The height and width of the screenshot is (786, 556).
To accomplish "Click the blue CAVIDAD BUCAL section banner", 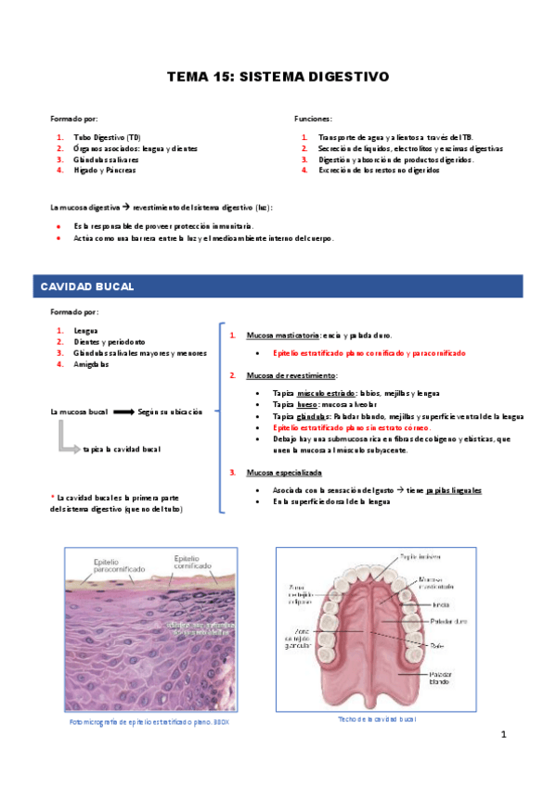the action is pos(88,287).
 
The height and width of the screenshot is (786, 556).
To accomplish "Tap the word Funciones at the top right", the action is pos(313,120).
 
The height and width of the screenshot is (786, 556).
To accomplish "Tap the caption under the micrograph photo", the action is pos(149,722).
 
